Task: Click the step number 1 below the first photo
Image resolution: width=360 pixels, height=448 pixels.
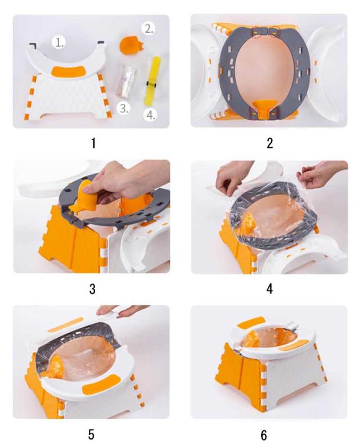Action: click(x=93, y=143)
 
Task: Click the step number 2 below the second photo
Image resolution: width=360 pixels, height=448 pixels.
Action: click(x=269, y=143)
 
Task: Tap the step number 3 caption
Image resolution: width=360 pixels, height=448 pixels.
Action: click(x=92, y=289)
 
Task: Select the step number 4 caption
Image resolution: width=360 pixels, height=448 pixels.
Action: click(x=269, y=289)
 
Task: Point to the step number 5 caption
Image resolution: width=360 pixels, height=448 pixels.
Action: click(x=91, y=435)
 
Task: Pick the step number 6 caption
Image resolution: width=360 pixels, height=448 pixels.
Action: click(x=264, y=435)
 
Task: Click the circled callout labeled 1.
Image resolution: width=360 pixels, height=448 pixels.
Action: click(x=58, y=42)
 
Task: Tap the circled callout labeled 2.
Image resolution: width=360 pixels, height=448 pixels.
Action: click(x=148, y=29)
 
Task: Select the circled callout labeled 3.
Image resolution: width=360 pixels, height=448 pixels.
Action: click(x=124, y=108)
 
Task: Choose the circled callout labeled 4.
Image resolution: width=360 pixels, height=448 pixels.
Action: click(x=150, y=115)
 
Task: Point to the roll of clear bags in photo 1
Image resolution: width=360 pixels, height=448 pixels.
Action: click(x=127, y=82)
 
